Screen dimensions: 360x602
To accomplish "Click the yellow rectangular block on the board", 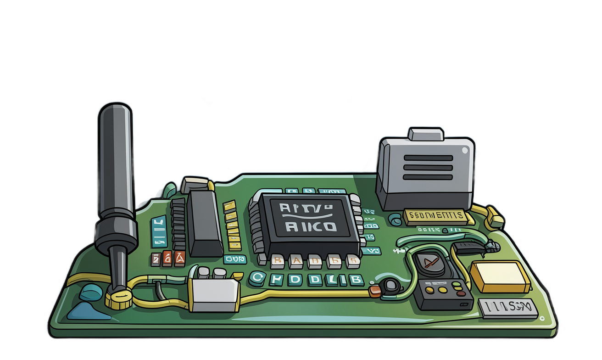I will click(x=500, y=276).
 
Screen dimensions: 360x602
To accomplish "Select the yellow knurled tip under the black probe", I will click(x=118, y=299).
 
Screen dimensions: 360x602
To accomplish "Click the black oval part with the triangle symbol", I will click(x=429, y=264).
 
